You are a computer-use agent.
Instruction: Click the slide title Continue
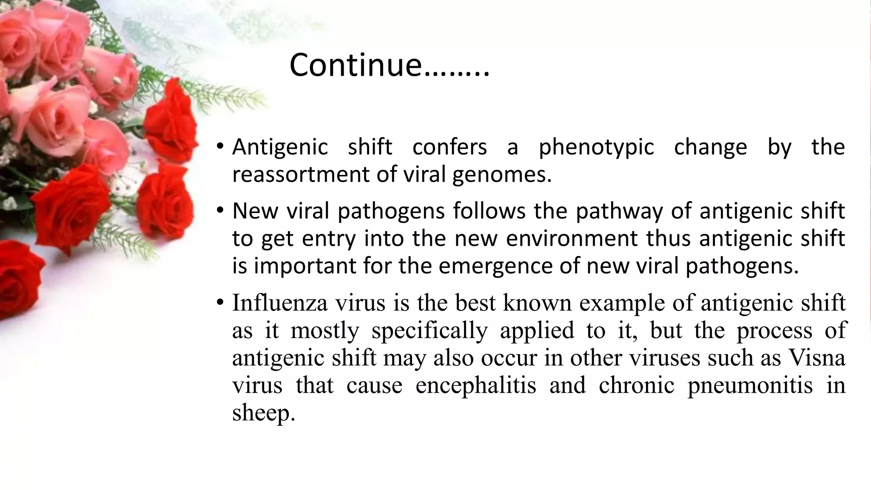point(389,65)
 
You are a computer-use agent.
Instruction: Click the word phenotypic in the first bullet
point(596,148)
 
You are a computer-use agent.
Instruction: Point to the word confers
point(450,147)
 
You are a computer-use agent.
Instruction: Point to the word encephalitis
point(475,385)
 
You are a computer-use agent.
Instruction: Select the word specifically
point(430,331)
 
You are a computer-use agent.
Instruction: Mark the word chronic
point(636,385)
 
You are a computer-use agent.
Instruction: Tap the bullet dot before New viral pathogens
point(219,211)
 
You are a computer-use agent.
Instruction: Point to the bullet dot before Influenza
point(219,303)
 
